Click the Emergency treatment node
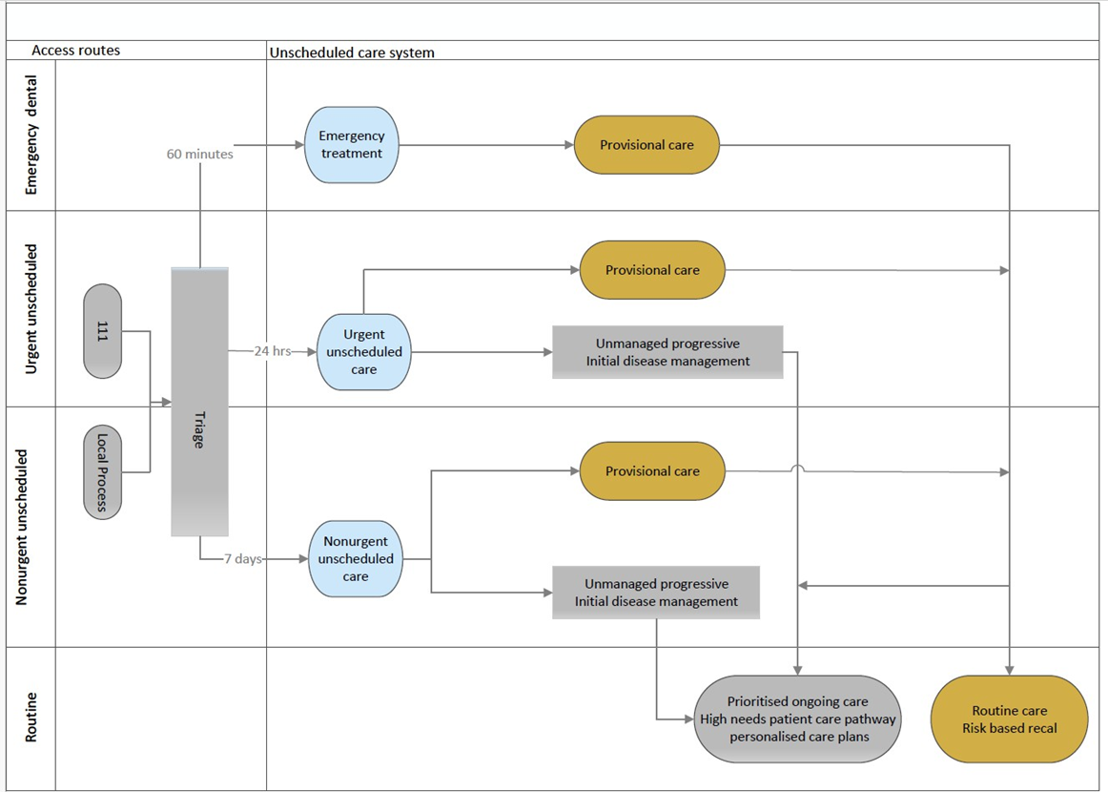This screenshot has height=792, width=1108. click(x=351, y=145)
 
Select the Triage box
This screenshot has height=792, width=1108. click(x=200, y=402)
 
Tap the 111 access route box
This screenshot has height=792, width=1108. click(x=102, y=331)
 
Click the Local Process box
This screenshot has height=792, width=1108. click(x=102, y=471)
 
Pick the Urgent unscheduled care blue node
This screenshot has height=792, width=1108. click(x=364, y=352)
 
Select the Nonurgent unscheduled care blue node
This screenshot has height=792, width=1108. click(x=356, y=558)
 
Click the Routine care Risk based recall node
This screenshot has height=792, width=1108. click(x=1009, y=719)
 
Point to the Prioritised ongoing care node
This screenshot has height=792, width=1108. click(x=798, y=719)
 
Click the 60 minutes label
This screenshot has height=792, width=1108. click(x=200, y=155)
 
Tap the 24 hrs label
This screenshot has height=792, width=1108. click(x=273, y=351)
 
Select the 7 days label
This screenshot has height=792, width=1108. click(x=243, y=558)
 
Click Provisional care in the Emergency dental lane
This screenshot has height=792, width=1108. click(x=646, y=145)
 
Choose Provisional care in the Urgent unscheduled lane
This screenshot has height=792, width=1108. click(x=652, y=270)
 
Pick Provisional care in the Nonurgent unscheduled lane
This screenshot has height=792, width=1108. click(x=652, y=471)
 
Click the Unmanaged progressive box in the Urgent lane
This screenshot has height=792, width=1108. click(x=667, y=352)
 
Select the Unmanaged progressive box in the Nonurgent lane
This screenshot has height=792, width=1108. click(x=656, y=593)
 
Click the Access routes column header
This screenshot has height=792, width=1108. click(x=75, y=51)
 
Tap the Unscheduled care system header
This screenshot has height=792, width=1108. click(x=352, y=52)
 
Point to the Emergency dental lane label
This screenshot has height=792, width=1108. click(x=31, y=135)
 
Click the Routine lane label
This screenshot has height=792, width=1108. click(x=31, y=717)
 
